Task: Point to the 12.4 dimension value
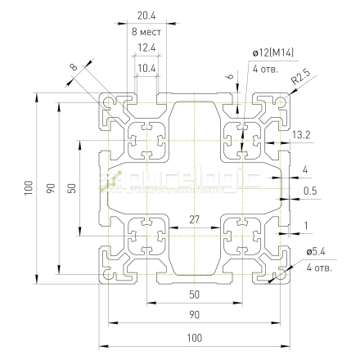click(x=147, y=48)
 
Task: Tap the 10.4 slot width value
click(x=147, y=67)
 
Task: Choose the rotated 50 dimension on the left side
click(x=72, y=188)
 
